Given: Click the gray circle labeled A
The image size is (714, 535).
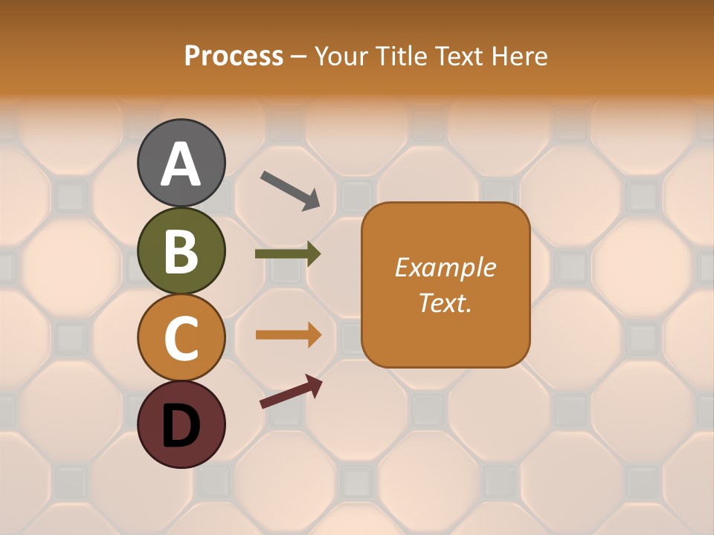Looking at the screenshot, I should tap(181, 163).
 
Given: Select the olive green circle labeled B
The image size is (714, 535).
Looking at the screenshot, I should tap(181, 250).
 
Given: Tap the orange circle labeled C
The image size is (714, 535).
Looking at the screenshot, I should tap(181, 337).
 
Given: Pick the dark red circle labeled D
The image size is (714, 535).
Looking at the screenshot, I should tap(181, 424).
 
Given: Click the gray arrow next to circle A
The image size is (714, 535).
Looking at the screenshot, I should tap(290, 189).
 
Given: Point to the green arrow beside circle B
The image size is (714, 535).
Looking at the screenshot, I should tap(288, 254).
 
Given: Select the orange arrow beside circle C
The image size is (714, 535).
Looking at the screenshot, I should tap(289, 335).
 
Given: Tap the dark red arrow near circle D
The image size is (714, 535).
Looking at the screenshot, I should tap(291, 392).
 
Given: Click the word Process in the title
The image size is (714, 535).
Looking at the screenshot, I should tap(234, 56).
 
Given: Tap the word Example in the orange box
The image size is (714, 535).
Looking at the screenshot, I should tap(446, 267).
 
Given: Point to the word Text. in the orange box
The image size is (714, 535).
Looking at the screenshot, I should tap(446, 302).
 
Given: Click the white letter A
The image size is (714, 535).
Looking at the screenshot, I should tap(181, 164).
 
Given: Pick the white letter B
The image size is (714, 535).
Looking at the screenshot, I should tap(181, 251).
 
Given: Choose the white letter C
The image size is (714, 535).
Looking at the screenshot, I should tap(181, 338).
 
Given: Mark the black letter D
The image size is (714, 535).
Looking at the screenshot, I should tap(181, 426).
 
